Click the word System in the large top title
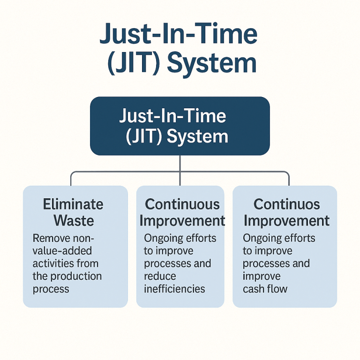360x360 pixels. [212, 63]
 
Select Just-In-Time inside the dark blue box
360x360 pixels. [172, 116]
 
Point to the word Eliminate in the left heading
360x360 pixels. [73, 204]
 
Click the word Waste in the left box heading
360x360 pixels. [74, 220]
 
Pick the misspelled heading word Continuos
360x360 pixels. [286, 204]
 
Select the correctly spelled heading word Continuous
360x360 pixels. [182, 204]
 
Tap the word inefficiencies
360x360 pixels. [174, 289]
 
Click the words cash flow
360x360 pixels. [265, 289]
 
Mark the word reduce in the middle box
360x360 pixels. [160, 276]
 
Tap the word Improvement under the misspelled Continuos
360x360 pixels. [286, 220]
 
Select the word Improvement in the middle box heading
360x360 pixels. [182, 220]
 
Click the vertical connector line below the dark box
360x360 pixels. [180, 164]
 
